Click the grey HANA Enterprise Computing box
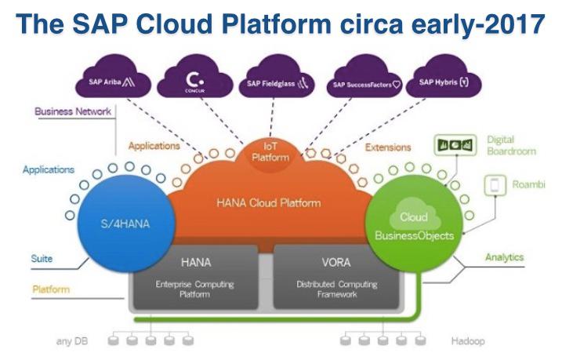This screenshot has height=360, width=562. click(x=195, y=279)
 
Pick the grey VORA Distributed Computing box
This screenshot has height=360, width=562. click(x=337, y=279)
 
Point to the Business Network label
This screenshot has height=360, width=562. click(x=73, y=111)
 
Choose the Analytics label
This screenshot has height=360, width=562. click(x=504, y=256)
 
